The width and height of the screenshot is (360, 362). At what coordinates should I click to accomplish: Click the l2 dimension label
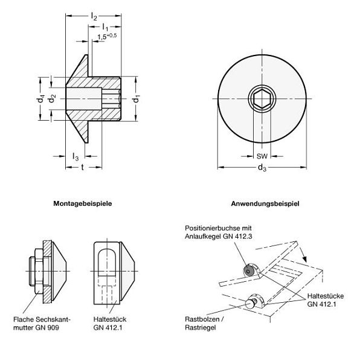coord(94,17)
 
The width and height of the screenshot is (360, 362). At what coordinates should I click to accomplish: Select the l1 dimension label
coord(105,27)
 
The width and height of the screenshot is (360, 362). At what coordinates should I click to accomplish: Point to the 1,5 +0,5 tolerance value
coord(107,36)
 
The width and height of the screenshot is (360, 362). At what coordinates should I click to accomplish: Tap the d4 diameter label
coord(40,99)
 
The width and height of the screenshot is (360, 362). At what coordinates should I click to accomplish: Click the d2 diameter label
coord(52,99)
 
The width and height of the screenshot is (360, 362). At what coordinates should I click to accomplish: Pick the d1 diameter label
coord(136,99)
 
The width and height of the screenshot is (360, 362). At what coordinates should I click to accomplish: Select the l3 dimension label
coord(76,156)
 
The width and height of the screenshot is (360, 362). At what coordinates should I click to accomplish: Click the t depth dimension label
coord(83,167)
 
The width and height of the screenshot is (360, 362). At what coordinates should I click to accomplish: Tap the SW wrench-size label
coord(262,156)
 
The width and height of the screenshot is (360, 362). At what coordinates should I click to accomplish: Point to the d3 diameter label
coord(262,167)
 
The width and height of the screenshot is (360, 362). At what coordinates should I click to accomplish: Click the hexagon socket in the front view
coord(262,99)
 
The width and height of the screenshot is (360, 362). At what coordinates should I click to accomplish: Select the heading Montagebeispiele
coord(83,203)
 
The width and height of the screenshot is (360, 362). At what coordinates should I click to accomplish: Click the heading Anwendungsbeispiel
coord(265,203)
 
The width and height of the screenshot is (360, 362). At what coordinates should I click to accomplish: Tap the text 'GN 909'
coord(47,328)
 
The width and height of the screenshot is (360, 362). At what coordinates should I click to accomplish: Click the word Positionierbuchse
coord(213,228)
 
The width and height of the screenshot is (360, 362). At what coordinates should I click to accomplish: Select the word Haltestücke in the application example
coord(326,296)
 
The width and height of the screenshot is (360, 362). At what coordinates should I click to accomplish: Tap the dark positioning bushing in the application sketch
coord(248,271)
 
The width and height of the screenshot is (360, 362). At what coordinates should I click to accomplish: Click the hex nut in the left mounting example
coord(39,271)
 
